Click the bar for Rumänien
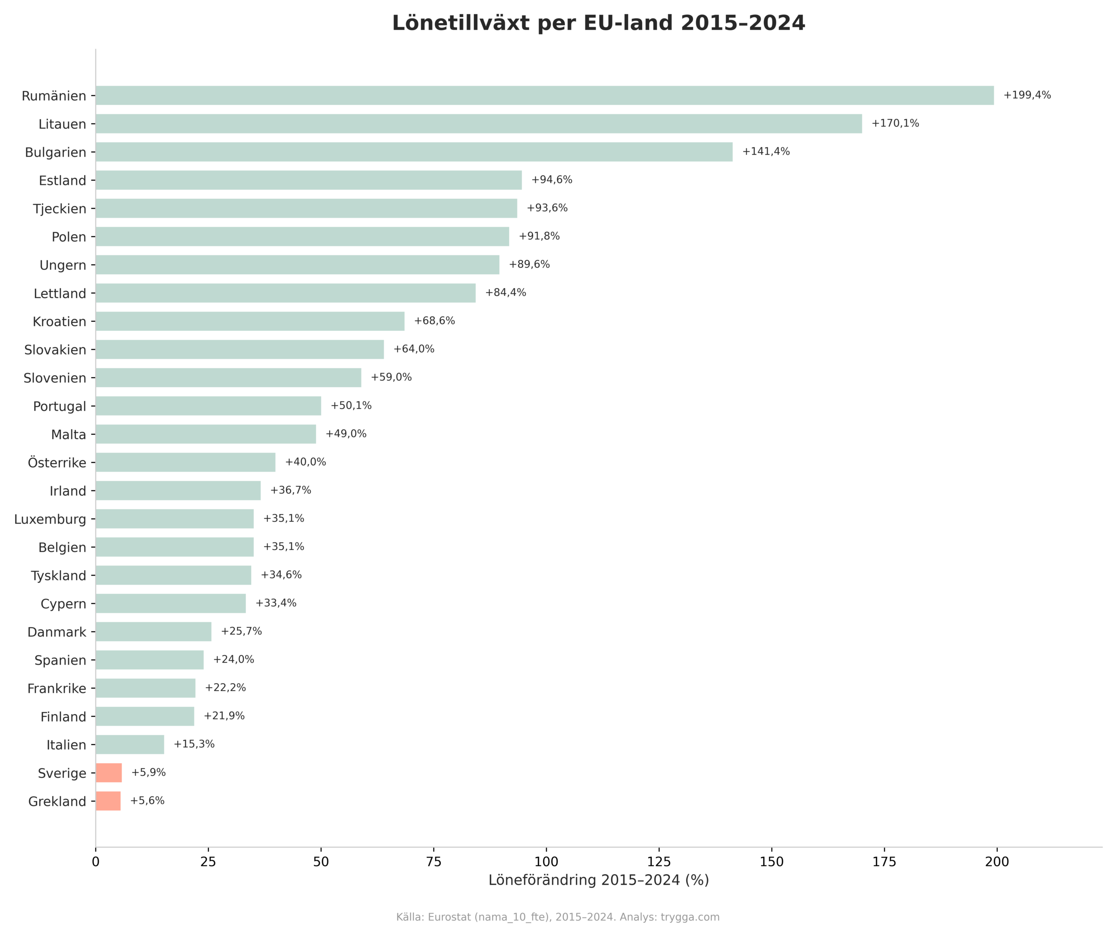point(545,95)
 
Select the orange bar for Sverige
point(109,773)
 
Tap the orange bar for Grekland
point(109,801)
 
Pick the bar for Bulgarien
point(414,152)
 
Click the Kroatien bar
point(250,321)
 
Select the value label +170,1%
point(895,123)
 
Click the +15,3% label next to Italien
point(194,744)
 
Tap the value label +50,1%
point(351,405)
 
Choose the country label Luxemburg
point(50,519)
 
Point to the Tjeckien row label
point(60,209)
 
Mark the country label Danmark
point(57,632)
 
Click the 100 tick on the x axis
point(546,862)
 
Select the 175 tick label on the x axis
point(884,862)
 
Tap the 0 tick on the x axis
point(95,862)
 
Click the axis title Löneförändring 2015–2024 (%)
point(599,880)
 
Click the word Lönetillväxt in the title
point(460,24)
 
